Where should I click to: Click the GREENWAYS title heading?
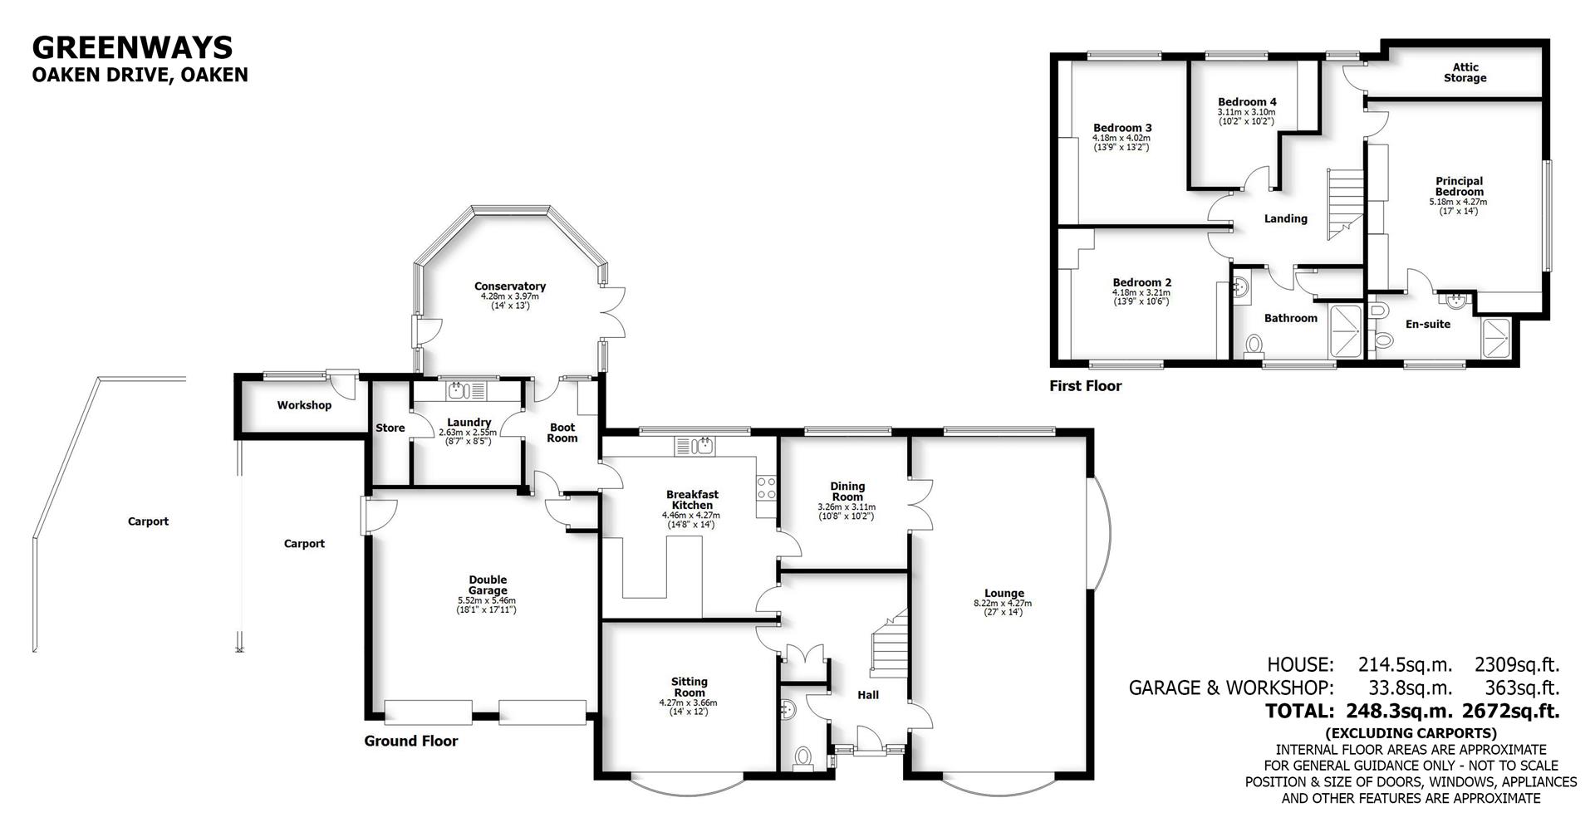pyautogui.click(x=132, y=46)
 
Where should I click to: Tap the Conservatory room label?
pyautogui.click(x=509, y=286)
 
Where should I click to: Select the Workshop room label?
pyautogui.click(x=304, y=405)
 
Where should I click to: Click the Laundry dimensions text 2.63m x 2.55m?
pyautogui.click(x=467, y=433)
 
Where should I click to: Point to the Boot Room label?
pyautogui.click(x=562, y=433)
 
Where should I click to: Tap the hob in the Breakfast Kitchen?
pyautogui.click(x=765, y=487)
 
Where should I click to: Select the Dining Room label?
pyautogui.click(x=847, y=491)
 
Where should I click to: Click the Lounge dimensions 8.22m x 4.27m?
pyautogui.click(x=1003, y=604)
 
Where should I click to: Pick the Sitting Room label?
pyautogui.click(x=689, y=687)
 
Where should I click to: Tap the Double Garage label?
pyautogui.click(x=487, y=585)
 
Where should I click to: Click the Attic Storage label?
pyautogui.click(x=1465, y=72)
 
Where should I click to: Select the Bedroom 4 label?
pyautogui.click(x=1247, y=102)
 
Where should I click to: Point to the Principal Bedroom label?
pyautogui.click(x=1458, y=186)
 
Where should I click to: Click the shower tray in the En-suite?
pyautogui.click(x=1499, y=338)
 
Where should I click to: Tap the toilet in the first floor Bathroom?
pyautogui.click(x=1254, y=344)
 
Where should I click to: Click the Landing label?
pyautogui.click(x=1285, y=218)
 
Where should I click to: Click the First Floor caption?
pyautogui.click(x=1085, y=385)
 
